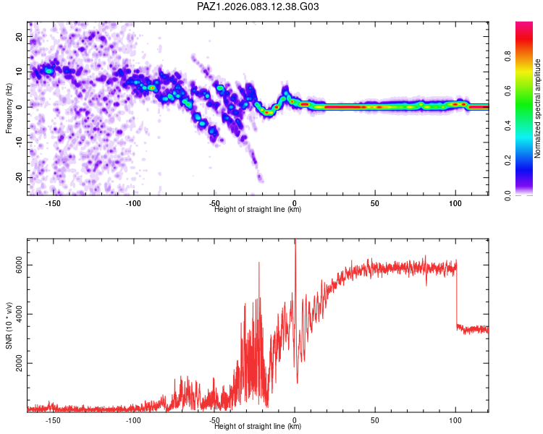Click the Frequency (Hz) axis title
click(x=9, y=109)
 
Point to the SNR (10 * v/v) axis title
click(x=9, y=325)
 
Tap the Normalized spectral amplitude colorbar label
click(x=537, y=109)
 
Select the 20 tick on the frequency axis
click(x=20, y=36)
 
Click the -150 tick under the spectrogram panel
click(x=53, y=203)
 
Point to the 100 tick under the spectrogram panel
click(x=455, y=203)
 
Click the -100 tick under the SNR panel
click(x=133, y=420)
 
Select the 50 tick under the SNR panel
click(x=375, y=420)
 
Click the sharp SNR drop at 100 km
click(x=457, y=297)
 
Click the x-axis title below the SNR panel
click(x=258, y=427)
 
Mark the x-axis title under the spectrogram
click(x=258, y=210)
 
